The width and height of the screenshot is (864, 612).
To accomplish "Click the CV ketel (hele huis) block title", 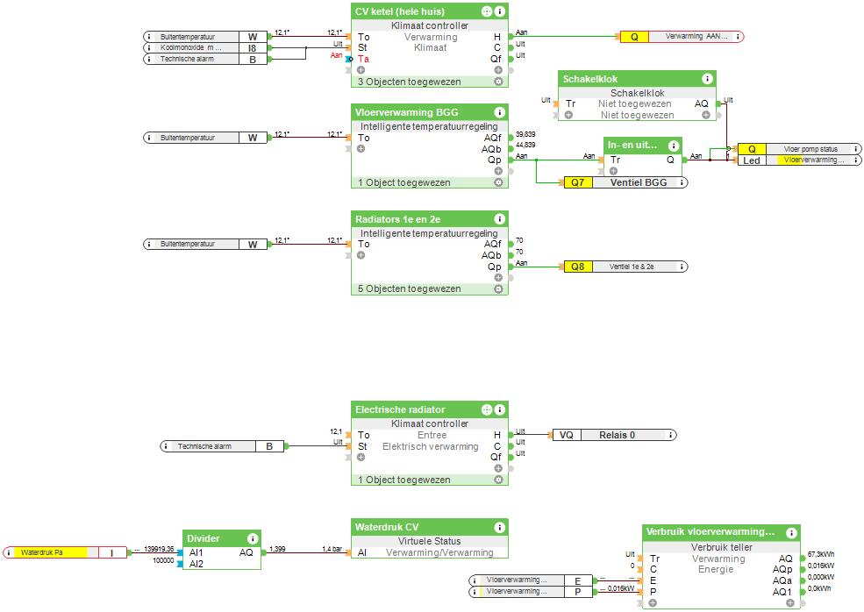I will (399, 11).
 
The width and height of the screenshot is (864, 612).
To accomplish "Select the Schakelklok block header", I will (590, 79).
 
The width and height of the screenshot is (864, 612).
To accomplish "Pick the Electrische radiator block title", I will (400, 409).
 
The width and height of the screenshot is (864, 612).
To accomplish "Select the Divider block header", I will (203, 538).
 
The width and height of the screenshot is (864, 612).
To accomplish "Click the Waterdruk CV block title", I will (387, 527).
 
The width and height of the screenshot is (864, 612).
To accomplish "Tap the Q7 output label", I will (577, 183).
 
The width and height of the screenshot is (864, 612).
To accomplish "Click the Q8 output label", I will (577, 267).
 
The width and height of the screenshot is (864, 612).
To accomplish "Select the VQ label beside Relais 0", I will (567, 435).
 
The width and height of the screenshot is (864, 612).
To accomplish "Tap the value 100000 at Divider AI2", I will (163, 559).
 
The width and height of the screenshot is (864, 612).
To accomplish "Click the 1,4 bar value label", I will (331, 548).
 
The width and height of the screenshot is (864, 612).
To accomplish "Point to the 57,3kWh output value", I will (820, 555).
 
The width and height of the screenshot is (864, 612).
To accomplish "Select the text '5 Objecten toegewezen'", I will (408, 288).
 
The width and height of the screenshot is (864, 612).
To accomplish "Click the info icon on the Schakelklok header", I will (707, 79).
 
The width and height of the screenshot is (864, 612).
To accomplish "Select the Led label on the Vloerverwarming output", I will (751, 160).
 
